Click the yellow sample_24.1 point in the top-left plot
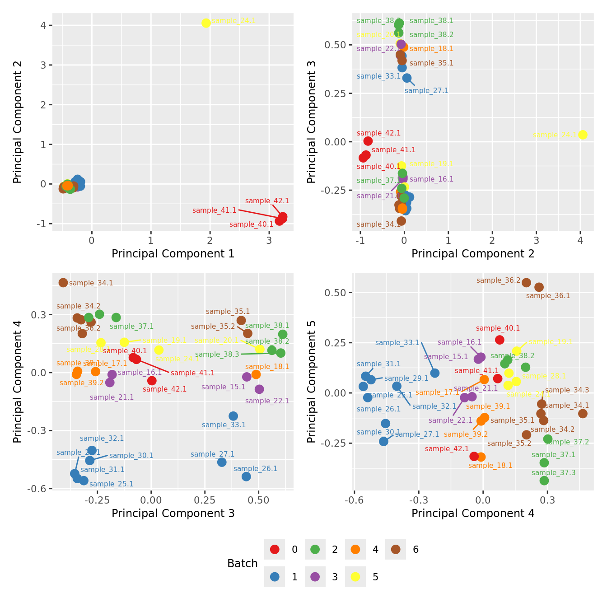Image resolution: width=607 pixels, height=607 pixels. (x=206, y=23)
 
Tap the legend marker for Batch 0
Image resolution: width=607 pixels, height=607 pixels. (x=275, y=550)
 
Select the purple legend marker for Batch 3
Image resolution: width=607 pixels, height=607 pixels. (x=315, y=577)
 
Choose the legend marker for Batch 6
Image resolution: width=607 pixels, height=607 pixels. (x=396, y=550)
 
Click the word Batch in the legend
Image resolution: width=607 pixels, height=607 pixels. (x=243, y=564)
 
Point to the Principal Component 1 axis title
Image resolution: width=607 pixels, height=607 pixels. (x=173, y=254)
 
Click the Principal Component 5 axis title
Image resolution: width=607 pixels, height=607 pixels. (x=312, y=382)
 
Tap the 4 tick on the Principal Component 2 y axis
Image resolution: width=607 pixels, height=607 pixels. (x=43, y=25)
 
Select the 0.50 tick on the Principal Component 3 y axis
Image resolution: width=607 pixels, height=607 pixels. (x=335, y=45)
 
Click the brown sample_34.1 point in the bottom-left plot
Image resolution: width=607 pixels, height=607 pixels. (x=63, y=283)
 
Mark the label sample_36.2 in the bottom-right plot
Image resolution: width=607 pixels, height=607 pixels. (x=498, y=280)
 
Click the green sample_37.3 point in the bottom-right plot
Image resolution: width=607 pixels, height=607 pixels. (x=544, y=481)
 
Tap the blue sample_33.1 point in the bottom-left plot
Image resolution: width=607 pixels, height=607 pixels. (x=233, y=416)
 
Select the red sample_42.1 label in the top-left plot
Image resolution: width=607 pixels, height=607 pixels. (x=267, y=201)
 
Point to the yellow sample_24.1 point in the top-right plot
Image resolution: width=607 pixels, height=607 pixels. (x=583, y=135)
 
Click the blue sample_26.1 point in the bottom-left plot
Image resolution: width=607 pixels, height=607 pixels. (x=246, y=476)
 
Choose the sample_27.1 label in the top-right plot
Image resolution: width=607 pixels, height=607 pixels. (x=426, y=91)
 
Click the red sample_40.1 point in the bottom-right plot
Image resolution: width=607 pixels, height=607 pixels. (x=500, y=340)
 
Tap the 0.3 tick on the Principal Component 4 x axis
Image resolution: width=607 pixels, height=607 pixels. (x=547, y=500)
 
